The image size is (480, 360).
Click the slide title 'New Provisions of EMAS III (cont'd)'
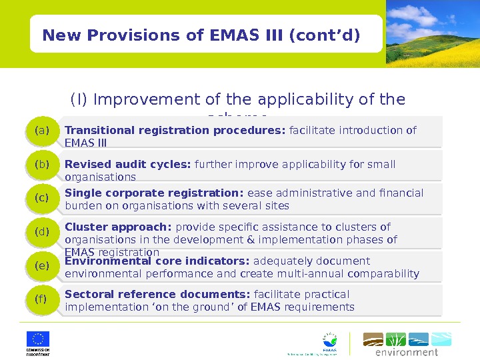point(201,34)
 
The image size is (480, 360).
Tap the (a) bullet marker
point(42,131)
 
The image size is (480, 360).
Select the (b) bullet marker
point(42,165)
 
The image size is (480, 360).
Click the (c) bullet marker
point(42,198)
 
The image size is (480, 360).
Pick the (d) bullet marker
point(42,232)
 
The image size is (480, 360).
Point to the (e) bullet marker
point(42,266)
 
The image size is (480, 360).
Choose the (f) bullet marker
point(42,299)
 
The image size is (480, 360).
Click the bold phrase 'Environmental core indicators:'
point(157,261)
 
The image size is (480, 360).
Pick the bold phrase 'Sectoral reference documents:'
point(157,295)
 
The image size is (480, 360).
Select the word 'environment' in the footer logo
point(407,352)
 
